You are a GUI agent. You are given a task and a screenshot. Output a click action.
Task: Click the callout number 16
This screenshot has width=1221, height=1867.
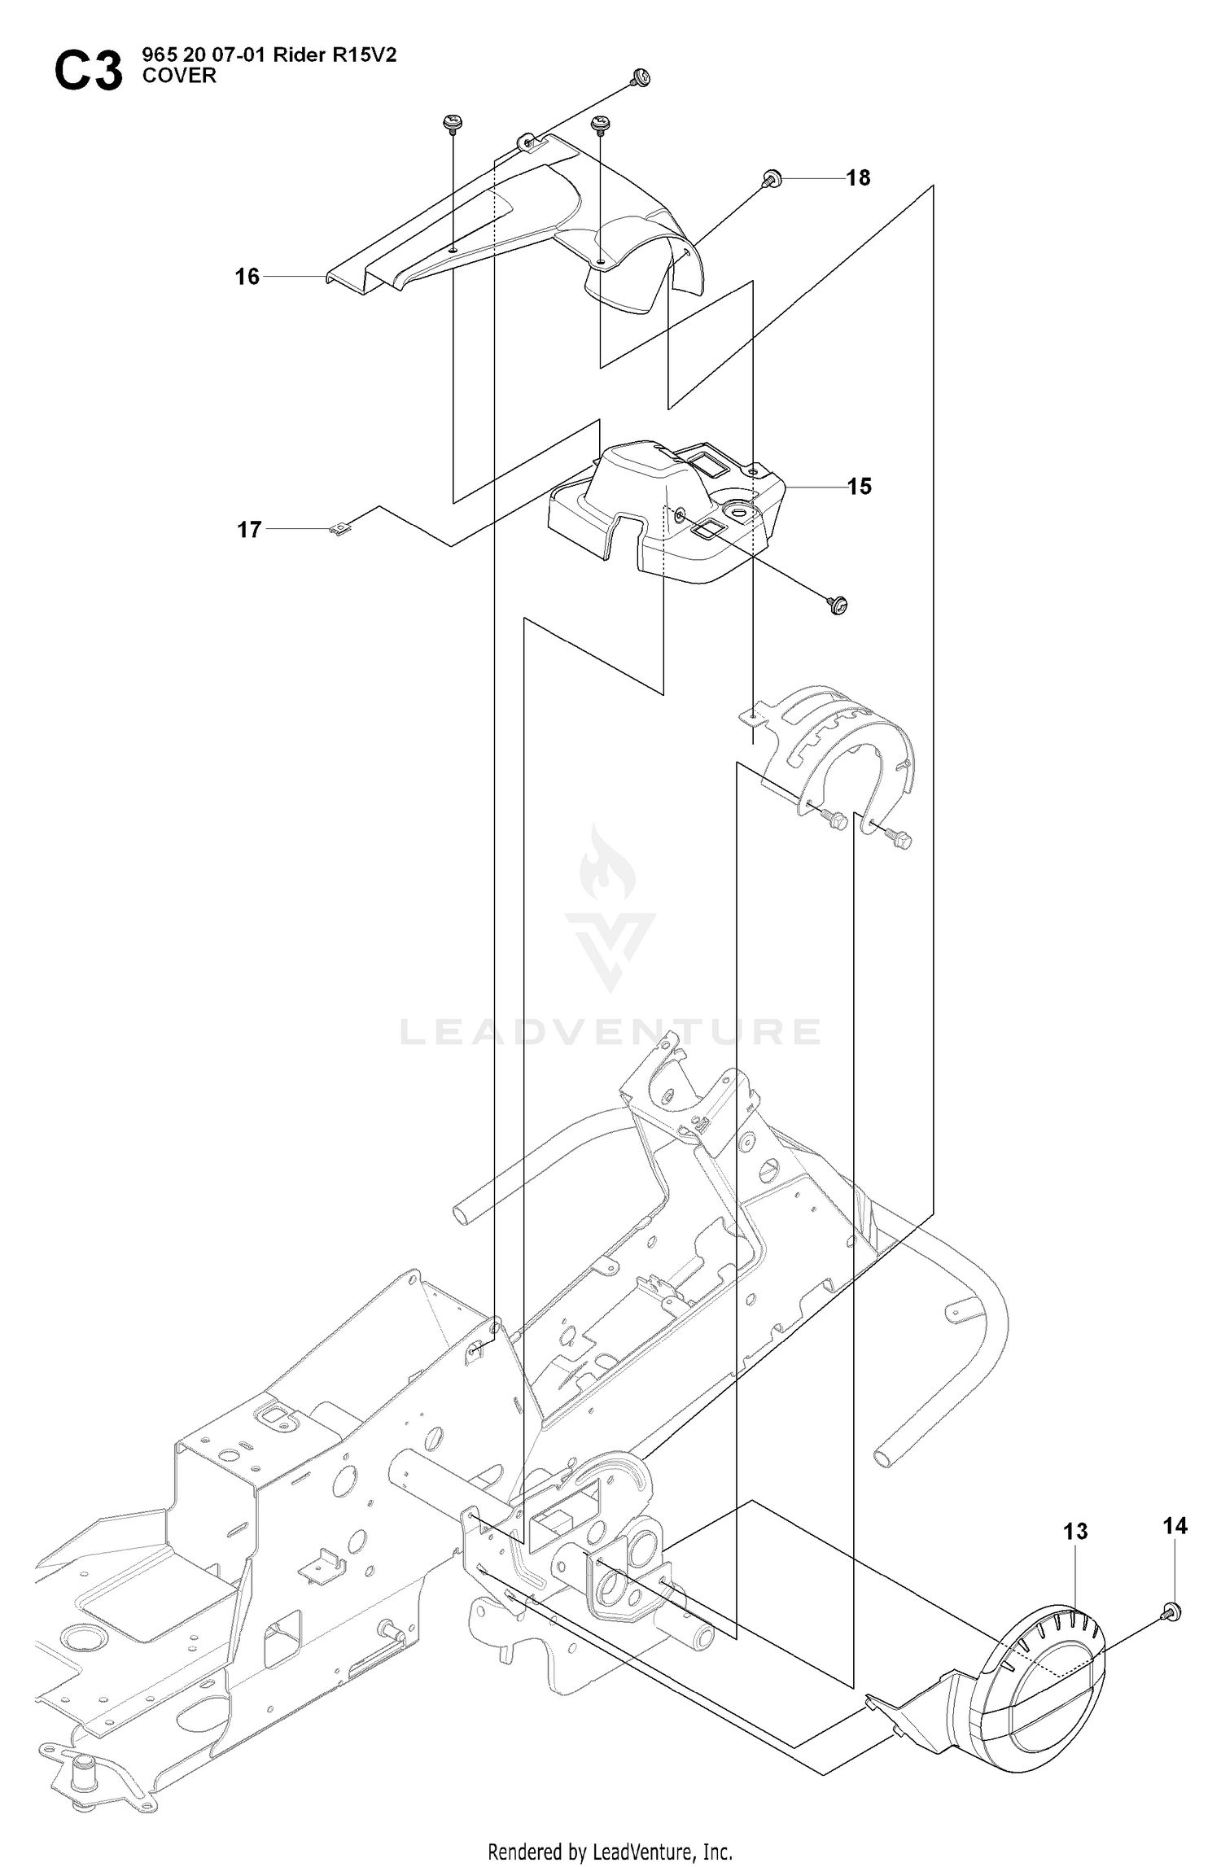click(x=247, y=277)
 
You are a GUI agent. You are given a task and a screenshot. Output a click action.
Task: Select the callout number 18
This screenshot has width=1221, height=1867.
click(x=858, y=177)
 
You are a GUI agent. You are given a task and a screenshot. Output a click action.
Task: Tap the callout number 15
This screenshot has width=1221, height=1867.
click(x=860, y=486)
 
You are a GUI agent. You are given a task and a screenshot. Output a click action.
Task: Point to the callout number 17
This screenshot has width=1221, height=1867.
click(x=249, y=530)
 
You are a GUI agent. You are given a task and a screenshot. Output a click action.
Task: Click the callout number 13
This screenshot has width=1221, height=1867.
click(x=1075, y=1532)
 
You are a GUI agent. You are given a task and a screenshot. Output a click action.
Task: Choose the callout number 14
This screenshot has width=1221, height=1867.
click(x=1175, y=1526)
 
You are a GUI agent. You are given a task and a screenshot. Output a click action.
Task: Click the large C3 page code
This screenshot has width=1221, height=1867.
click(x=89, y=71)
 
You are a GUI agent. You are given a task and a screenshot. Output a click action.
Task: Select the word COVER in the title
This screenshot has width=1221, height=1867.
click(x=179, y=76)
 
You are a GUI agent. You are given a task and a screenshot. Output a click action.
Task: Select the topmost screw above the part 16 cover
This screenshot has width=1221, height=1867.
click(x=641, y=77)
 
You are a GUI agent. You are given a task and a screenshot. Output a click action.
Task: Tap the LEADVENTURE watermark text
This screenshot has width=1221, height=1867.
click(x=610, y=1032)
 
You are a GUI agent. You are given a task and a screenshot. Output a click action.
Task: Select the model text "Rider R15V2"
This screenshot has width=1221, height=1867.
click(x=335, y=55)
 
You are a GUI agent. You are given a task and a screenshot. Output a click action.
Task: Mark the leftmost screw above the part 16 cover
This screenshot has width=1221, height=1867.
click(x=451, y=124)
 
